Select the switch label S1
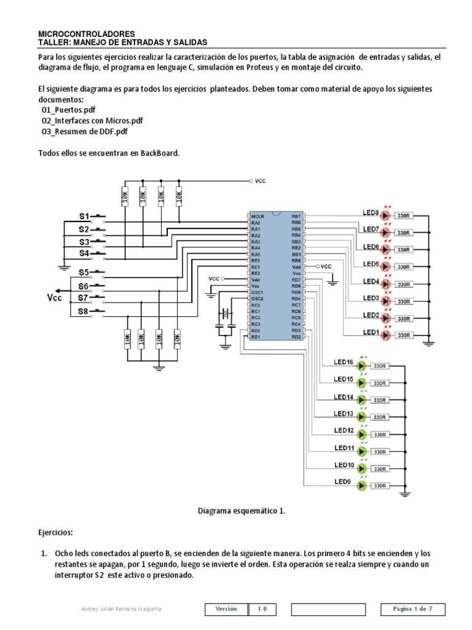tap(84, 216)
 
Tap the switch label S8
tap(84, 312)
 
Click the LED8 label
tap(371, 213)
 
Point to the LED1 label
tap(371, 332)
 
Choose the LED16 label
tap(344, 362)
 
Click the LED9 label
tap(342, 482)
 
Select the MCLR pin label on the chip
tap(258, 217)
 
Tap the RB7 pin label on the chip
tap(296, 217)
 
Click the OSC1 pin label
tap(257, 292)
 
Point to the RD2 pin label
tap(296, 337)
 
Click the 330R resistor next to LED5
tap(403, 267)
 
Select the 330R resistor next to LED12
tap(379, 434)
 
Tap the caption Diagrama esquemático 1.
tap(242, 511)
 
